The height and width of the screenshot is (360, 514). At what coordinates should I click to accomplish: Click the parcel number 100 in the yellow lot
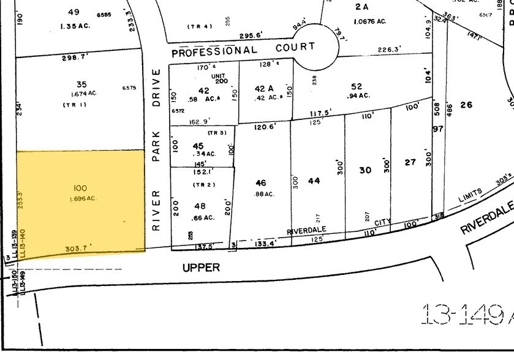pos(80,187)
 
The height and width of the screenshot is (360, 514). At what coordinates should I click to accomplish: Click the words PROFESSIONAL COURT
pos(243,49)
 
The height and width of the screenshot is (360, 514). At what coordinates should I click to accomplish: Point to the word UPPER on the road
pos(200,268)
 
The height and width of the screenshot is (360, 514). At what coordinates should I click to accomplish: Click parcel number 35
pos(81,85)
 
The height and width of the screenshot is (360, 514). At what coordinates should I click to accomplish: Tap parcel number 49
pos(74,12)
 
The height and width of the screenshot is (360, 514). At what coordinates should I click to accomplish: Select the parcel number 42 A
pos(265,89)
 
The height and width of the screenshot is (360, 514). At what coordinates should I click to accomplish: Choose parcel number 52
pos(357,86)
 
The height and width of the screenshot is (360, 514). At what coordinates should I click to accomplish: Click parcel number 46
pos(261,182)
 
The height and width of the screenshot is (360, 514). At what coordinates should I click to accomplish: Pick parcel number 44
pos(314,181)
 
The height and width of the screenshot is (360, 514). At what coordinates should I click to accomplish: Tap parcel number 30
pos(366,170)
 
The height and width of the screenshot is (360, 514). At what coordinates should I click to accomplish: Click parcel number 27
pos(410,163)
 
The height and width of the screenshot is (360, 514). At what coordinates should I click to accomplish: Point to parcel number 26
pos(466,105)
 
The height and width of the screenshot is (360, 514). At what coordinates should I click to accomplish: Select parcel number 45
pos(198,146)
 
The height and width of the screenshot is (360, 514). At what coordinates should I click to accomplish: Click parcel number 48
pos(199,206)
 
